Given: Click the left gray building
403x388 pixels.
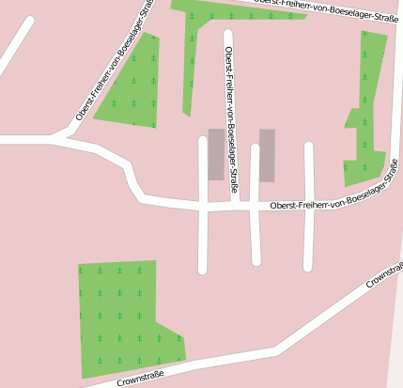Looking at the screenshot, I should pos(216,154).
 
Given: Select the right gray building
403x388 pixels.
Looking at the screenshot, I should pos(267,155).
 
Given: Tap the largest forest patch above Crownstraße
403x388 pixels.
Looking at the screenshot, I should pos(122,315).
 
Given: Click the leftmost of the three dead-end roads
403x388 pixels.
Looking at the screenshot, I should pos(202,235).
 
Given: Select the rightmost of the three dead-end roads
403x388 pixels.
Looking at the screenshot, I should pos(308,235).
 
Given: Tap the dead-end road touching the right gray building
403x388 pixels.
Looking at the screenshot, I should pos(255,235).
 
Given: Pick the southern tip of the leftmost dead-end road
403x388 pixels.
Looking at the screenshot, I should pos(202,271).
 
